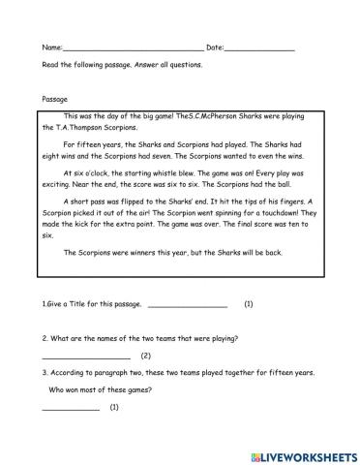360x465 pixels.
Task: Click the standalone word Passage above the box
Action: [55, 99]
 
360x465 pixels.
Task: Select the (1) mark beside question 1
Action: [249, 305]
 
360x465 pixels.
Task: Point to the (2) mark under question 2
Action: [145, 356]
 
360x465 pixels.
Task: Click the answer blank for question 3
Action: [71, 409]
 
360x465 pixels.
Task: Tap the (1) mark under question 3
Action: [114, 408]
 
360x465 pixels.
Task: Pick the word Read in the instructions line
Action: [50, 66]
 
